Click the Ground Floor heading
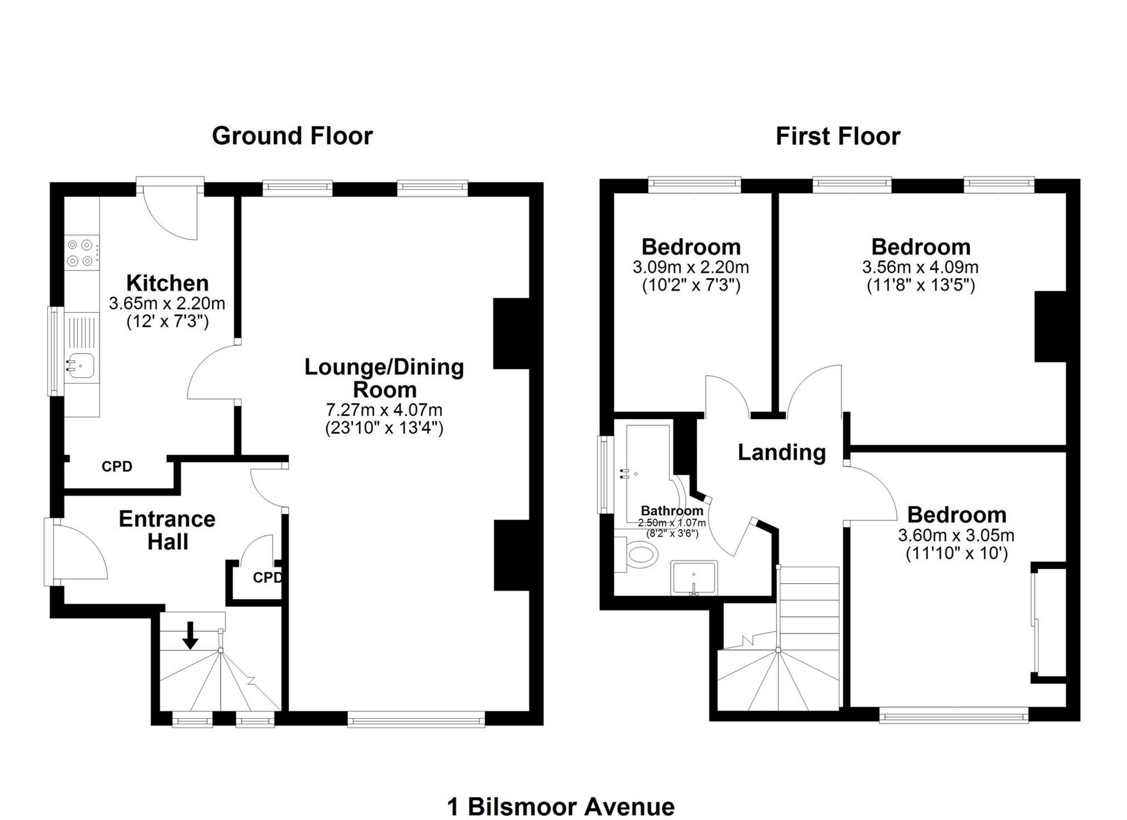(292, 136)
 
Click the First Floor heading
(838, 136)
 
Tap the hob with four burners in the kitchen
(80, 252)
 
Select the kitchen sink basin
(81, 366)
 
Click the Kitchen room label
(167, 283)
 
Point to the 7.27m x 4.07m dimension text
(384, 410)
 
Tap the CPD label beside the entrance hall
(268, 578)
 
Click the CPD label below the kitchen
(117, 467)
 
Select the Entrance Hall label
(167, 531)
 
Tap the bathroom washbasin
(694, 577)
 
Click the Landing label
(781, 453)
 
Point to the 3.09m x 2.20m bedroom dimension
(691, 268)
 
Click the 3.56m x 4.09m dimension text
(921, 268)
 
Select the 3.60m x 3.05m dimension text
(956, 536)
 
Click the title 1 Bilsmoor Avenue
(561, 807)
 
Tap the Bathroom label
(672, 510)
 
